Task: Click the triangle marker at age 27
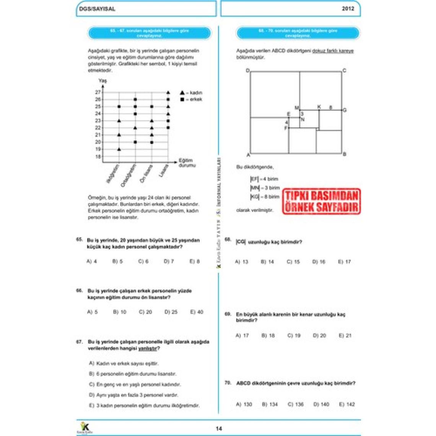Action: (x=168, y=93)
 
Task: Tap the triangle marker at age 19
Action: (x=119, y=149)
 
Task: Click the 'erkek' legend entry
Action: (x=191, y=99)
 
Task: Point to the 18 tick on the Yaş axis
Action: (x=98, y=157)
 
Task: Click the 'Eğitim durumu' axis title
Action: (x=187, y=163)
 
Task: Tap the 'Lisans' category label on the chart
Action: (x=163, y=171)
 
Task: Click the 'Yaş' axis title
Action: (x=102, y=81)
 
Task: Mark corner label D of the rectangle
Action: (x=248, y=71)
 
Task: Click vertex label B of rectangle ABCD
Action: (x=344, y=154)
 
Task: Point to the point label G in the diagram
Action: (x=345, y=110)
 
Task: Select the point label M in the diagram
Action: (x=297, y=108)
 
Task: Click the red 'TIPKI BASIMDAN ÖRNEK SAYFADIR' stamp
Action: (x=321, y=201)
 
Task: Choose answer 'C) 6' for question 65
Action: (x=143, y=262)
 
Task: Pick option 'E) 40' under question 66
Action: (x=197, y=312)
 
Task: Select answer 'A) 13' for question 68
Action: (x=241, y=262)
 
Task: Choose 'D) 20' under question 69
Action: (x=319, y=335)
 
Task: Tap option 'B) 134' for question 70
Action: (x=270, y=404)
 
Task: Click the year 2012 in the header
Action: (x=348, y=9)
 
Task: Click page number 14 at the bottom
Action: (x=219, y=429)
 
